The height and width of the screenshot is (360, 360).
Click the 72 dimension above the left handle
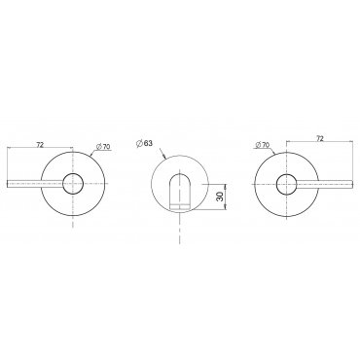tap(40, 145)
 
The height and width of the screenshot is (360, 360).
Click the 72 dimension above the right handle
tap(320, 138)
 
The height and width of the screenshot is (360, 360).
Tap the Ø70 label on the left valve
tap(104, 147)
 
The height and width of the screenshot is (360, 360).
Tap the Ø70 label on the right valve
tap(263, 145)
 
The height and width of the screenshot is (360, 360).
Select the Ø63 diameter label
tap(144, 143)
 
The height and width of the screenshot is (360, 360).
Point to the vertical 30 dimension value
tap(220, 197)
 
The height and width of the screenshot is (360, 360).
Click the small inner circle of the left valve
tap(73, 184)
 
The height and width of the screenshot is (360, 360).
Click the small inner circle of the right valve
tap(287, 184)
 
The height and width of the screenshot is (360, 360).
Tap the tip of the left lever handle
tap(8, 184)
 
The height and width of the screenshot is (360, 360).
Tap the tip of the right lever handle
tap(352, 184)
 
